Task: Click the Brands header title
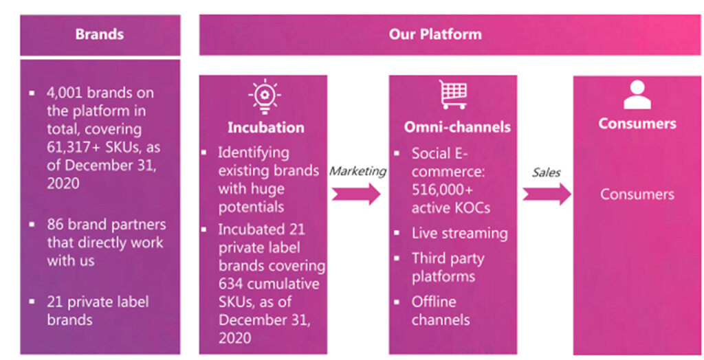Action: pos(100,34)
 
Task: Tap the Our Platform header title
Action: pos(435,34)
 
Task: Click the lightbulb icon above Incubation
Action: pos(265,98)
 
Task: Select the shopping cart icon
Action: pos(453,95)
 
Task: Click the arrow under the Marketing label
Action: pos(355,194)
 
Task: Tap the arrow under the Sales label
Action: pos(547,194)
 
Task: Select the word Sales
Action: pos(547,172)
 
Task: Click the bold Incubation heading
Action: pos(265,128)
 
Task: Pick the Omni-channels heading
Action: pos(457,127)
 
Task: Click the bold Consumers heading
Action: pos(637,124)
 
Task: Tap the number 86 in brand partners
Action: pos(56,225)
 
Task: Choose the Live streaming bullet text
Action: pos(459,234)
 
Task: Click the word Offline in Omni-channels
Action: pos(433,302)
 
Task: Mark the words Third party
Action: pos(448,258)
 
